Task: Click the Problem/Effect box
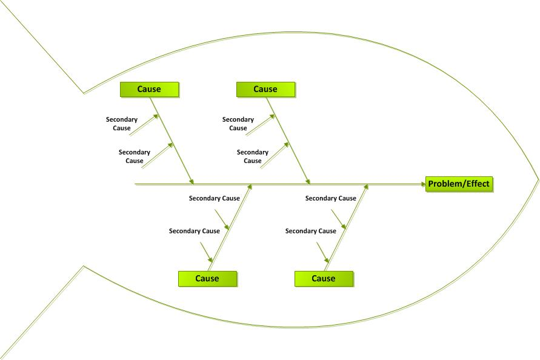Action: (459, 184)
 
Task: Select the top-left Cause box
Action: (149, 89)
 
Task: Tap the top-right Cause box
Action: (265, 89)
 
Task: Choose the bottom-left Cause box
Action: (207, 278)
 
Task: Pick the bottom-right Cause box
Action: (324, 278)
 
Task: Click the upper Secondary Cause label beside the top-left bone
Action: (122, 124)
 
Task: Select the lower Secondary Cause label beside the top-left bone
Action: (135, 156)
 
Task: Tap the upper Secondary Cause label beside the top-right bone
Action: (238, 124)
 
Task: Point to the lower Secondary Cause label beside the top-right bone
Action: (253, 156)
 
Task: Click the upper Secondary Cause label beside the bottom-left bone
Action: (215, 198)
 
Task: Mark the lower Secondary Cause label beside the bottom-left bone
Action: (195, 231)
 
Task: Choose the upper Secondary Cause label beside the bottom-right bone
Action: (331, 198)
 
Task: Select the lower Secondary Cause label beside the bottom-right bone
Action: (311, 231)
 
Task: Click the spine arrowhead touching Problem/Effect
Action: (422, 184)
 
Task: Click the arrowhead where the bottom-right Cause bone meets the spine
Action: (366, 187)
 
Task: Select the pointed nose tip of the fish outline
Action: (538, 180)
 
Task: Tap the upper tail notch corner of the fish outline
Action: (84, 93)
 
